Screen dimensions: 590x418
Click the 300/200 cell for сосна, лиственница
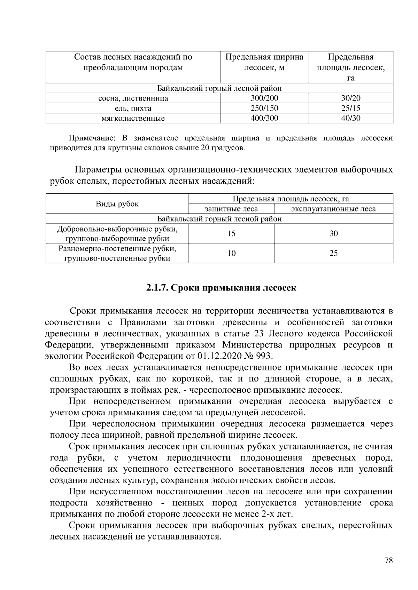(264, 98)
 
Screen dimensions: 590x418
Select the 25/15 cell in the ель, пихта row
(351, 108)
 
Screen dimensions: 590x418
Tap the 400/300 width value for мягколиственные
(264, 118)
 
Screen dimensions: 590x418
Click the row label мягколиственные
(133, 118)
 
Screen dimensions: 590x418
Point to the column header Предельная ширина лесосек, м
(264, 62)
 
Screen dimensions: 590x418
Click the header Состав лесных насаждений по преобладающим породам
(133, 62)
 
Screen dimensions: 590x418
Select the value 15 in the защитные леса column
(231, 233)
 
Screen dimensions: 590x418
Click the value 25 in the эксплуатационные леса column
(333, 253)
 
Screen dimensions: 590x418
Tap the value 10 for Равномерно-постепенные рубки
(231, 253)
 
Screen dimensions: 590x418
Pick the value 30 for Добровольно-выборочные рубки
(333, 233)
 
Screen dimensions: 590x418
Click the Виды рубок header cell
(117, 204)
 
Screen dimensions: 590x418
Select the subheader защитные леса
(231, 209)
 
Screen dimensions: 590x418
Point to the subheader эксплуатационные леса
(333, 209)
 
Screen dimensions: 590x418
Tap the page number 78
(389, 560)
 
